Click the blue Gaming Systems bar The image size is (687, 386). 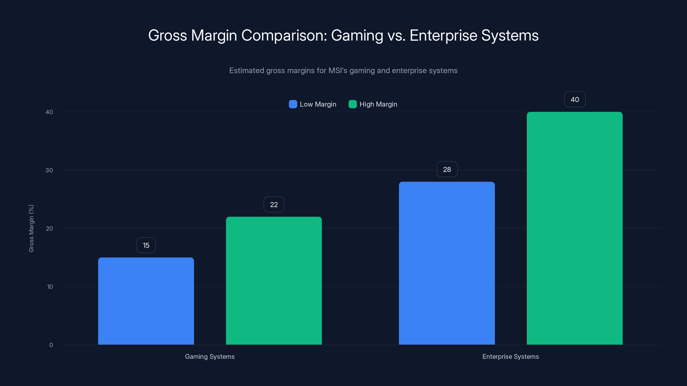[x=146, y=301]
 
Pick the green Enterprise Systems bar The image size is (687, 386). [x=575, y=228]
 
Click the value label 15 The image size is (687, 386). [x=146, y=245]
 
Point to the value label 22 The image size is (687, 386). [x=274, y=204]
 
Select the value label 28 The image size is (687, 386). [x=447, y=169]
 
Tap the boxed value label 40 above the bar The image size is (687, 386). [x=575, y=99]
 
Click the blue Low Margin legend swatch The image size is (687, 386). [x=293, y=104]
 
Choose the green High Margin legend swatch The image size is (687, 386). [x=352, y=104]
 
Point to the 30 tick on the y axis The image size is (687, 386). [x=49, y=170]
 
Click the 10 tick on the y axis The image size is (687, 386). [x=50, y=287]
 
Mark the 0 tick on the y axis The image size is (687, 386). [x=51, y=345]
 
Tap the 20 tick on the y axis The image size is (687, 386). [x=49, y=228]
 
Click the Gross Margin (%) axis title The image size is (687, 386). [x=31, y=228]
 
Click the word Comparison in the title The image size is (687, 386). [x=284, y=35]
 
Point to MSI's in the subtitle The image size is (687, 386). [x=338, y=71]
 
